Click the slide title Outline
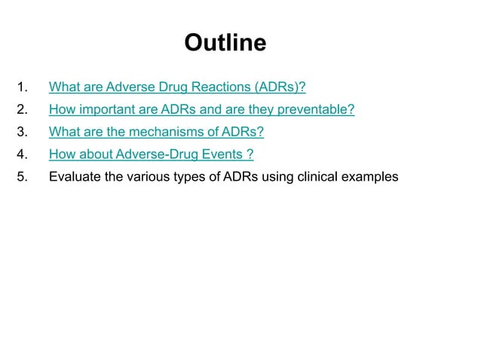pyautogui.click(x=225, y=43)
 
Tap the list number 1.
pyautogui.click(x=23, y=87)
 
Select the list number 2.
pyautogui.click(x=23, y=110)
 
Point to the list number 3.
pyautogui.click(x=23, y=133)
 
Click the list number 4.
pyautogui.click(x=23, y=155)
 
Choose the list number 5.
pyautogui.click(x=23, y=178)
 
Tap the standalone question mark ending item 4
pyautogui.click(x=250, y=155)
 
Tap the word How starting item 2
pyautogui.click(x=61, y=110)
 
